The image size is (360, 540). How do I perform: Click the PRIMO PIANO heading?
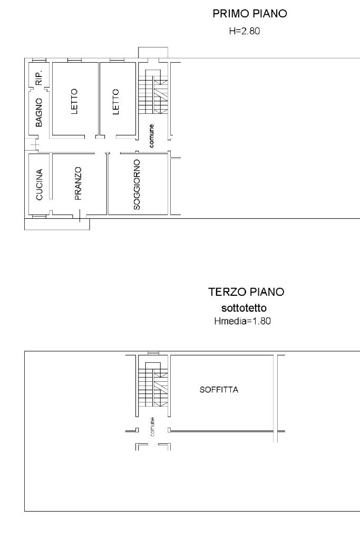point(249,14)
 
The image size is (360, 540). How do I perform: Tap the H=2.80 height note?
point(245,31)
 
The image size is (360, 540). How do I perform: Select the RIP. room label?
point(39,78)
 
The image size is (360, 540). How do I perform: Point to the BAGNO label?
point(39,112)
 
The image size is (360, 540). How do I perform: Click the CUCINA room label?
point(39,184)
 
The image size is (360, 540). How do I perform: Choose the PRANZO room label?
point(78,184)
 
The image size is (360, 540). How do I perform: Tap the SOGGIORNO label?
point(137,185)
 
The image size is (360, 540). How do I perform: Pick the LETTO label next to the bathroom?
point(74,101)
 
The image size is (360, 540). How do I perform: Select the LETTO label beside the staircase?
point(115,102)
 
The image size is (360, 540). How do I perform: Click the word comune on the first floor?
point(151,136)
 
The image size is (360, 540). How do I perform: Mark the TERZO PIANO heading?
point(246,292)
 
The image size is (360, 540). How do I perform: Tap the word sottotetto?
point(244,307)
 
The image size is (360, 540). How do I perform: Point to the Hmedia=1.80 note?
point(242,321)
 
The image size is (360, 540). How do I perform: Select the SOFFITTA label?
point(219,390)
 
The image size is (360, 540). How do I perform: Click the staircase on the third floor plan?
point(153,384)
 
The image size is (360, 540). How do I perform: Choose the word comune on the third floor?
point(152,427)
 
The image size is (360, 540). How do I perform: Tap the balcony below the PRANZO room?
point(57,224)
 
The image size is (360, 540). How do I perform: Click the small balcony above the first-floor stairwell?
point(153,53)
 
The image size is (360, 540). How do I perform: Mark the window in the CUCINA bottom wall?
point(39,217)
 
